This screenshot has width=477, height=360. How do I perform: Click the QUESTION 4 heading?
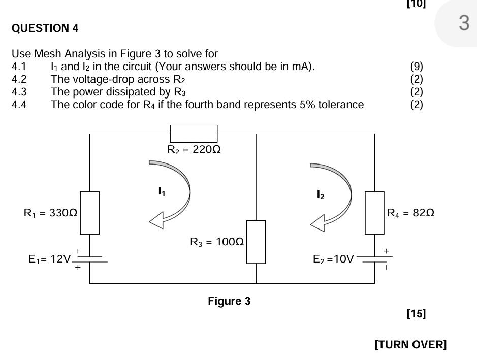coord(45,28)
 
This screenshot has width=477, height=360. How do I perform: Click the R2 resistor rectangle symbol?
coord(193,134)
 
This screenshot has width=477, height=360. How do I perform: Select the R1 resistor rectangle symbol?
coord(90,213)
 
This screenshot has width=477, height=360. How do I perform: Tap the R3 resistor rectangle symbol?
coord(256,242)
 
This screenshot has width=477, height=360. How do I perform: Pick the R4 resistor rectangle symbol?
coord(374,213)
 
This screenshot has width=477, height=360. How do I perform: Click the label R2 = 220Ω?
coord(194,150)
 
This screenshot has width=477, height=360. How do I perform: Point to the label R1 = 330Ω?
coord(50,213)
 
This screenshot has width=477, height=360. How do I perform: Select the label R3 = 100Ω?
coord(217,242)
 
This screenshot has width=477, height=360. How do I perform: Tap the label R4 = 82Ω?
coord(410,213)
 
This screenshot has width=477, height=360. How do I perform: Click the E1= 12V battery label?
coord(49,259)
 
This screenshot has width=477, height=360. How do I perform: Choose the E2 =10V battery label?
coord(333,259)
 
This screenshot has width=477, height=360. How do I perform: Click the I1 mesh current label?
coord(162,191)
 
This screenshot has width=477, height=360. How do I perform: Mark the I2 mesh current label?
coord(321,194)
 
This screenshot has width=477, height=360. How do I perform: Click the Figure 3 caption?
coord(229,301)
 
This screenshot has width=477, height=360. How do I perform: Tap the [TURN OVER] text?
coord(410,345)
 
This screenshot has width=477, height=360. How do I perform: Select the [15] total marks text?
coord(416,314)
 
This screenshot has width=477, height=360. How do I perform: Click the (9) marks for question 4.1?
coord(416,67)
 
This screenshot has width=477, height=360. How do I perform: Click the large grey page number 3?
coord(463,23)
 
